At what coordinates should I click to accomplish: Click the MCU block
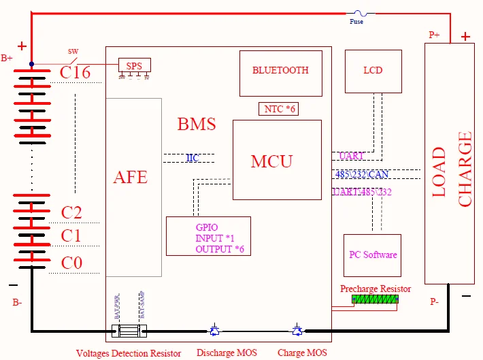[x=276, y=161]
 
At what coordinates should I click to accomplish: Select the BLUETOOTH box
[x=280, y=71]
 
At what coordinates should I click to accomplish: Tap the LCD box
[x=373, y=71]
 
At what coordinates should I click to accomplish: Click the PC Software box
[x=372, y=255]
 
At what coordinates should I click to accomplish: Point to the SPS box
[x=134, y=65]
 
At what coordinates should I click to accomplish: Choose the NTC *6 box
[x=278, y=108]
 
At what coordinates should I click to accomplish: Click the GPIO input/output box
[x=208, y=236]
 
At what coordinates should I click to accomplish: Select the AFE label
[x=130, y=177]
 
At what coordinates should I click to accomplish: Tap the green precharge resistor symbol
[x=376, y=299]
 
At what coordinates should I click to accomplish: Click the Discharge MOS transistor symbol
[x=214, y=331]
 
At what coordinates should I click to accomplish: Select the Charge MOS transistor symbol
[x=297, y=331]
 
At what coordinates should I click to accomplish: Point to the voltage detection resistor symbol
[x=129, y=331]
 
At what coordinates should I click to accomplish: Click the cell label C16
[x=75, y=73]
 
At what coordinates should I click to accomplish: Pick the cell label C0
[x=71, y=263]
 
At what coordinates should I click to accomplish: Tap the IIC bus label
[x=193, y=158]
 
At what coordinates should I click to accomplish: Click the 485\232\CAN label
[x=362, y=174]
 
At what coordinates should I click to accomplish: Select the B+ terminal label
[x=7, y=58]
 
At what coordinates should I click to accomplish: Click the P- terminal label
[x=435, y=301]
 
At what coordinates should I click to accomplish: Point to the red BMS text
[x=197, y=125]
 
